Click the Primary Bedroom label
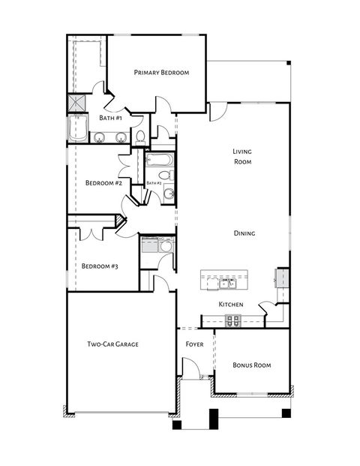pos(160,73)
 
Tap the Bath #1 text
pos(111,118)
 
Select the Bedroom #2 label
pos(103,182)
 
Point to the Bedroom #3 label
pos(100,266)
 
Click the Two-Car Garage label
pos(112,344)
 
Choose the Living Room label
pos(241,156)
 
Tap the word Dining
pos(244,233)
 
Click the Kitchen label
pos(230,305)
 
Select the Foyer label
pos(195,344)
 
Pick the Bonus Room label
pos(251,365)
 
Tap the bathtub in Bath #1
pos(77,129)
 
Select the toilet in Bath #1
pos(139,136)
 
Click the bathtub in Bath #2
pos(160,160)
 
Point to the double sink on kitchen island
pos(227,283)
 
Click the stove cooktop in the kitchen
pos(232,320)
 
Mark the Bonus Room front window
pos(251,394)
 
